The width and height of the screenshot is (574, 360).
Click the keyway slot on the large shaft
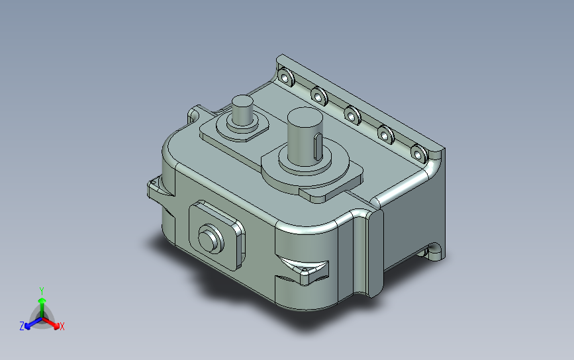(x=318, y=147)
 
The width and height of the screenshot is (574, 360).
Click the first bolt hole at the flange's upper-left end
(x=285, y=77)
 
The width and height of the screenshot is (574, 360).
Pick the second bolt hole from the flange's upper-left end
(x=319, y=96)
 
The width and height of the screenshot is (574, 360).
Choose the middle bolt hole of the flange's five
(x=352, y=116)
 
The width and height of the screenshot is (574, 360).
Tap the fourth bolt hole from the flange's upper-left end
(x=385, y=135)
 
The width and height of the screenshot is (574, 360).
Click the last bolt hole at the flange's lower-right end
(x=419, y=154)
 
